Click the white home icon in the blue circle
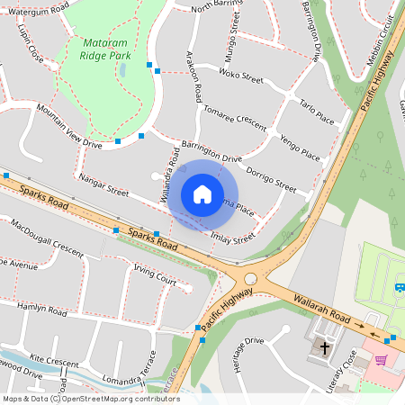pos(202,194)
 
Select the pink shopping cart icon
pos(381,360)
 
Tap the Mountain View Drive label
pos(69,125)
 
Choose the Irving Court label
pos(154,274)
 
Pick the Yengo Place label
pos(300,148)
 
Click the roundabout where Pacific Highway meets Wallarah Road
pos(250,278)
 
